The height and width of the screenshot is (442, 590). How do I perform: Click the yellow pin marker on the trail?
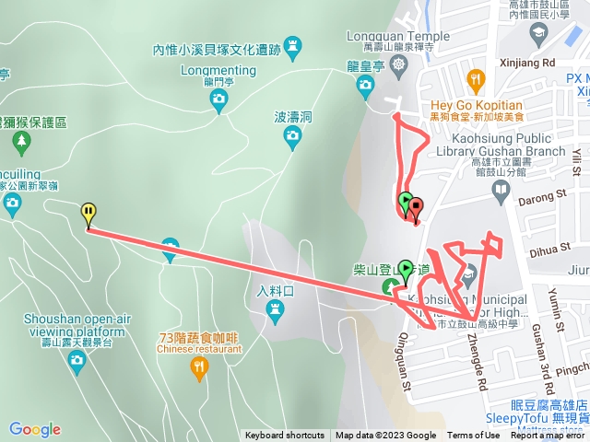pos(88,214)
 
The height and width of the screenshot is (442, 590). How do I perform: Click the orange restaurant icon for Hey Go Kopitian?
pos(476,79)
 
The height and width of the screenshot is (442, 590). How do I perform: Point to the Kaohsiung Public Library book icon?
pos(501,191)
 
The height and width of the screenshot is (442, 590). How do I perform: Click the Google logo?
pos(35,429)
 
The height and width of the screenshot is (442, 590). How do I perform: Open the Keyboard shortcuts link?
pos(285,436)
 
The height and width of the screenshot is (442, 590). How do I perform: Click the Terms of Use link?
pos(474,436)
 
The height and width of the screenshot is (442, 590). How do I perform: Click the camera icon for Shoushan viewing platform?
pos(77,358)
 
